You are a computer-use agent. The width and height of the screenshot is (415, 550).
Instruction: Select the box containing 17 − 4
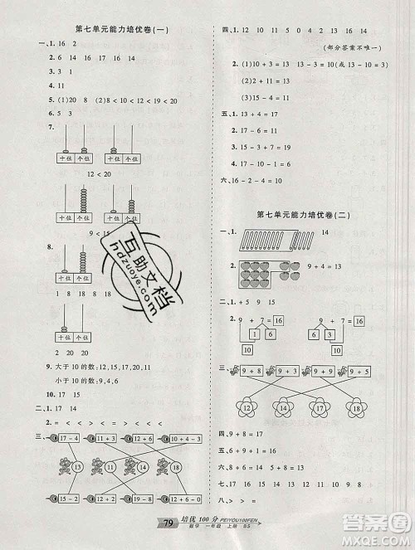coord(65,447)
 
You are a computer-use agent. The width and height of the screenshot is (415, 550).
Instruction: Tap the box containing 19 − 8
coord(139,522)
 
